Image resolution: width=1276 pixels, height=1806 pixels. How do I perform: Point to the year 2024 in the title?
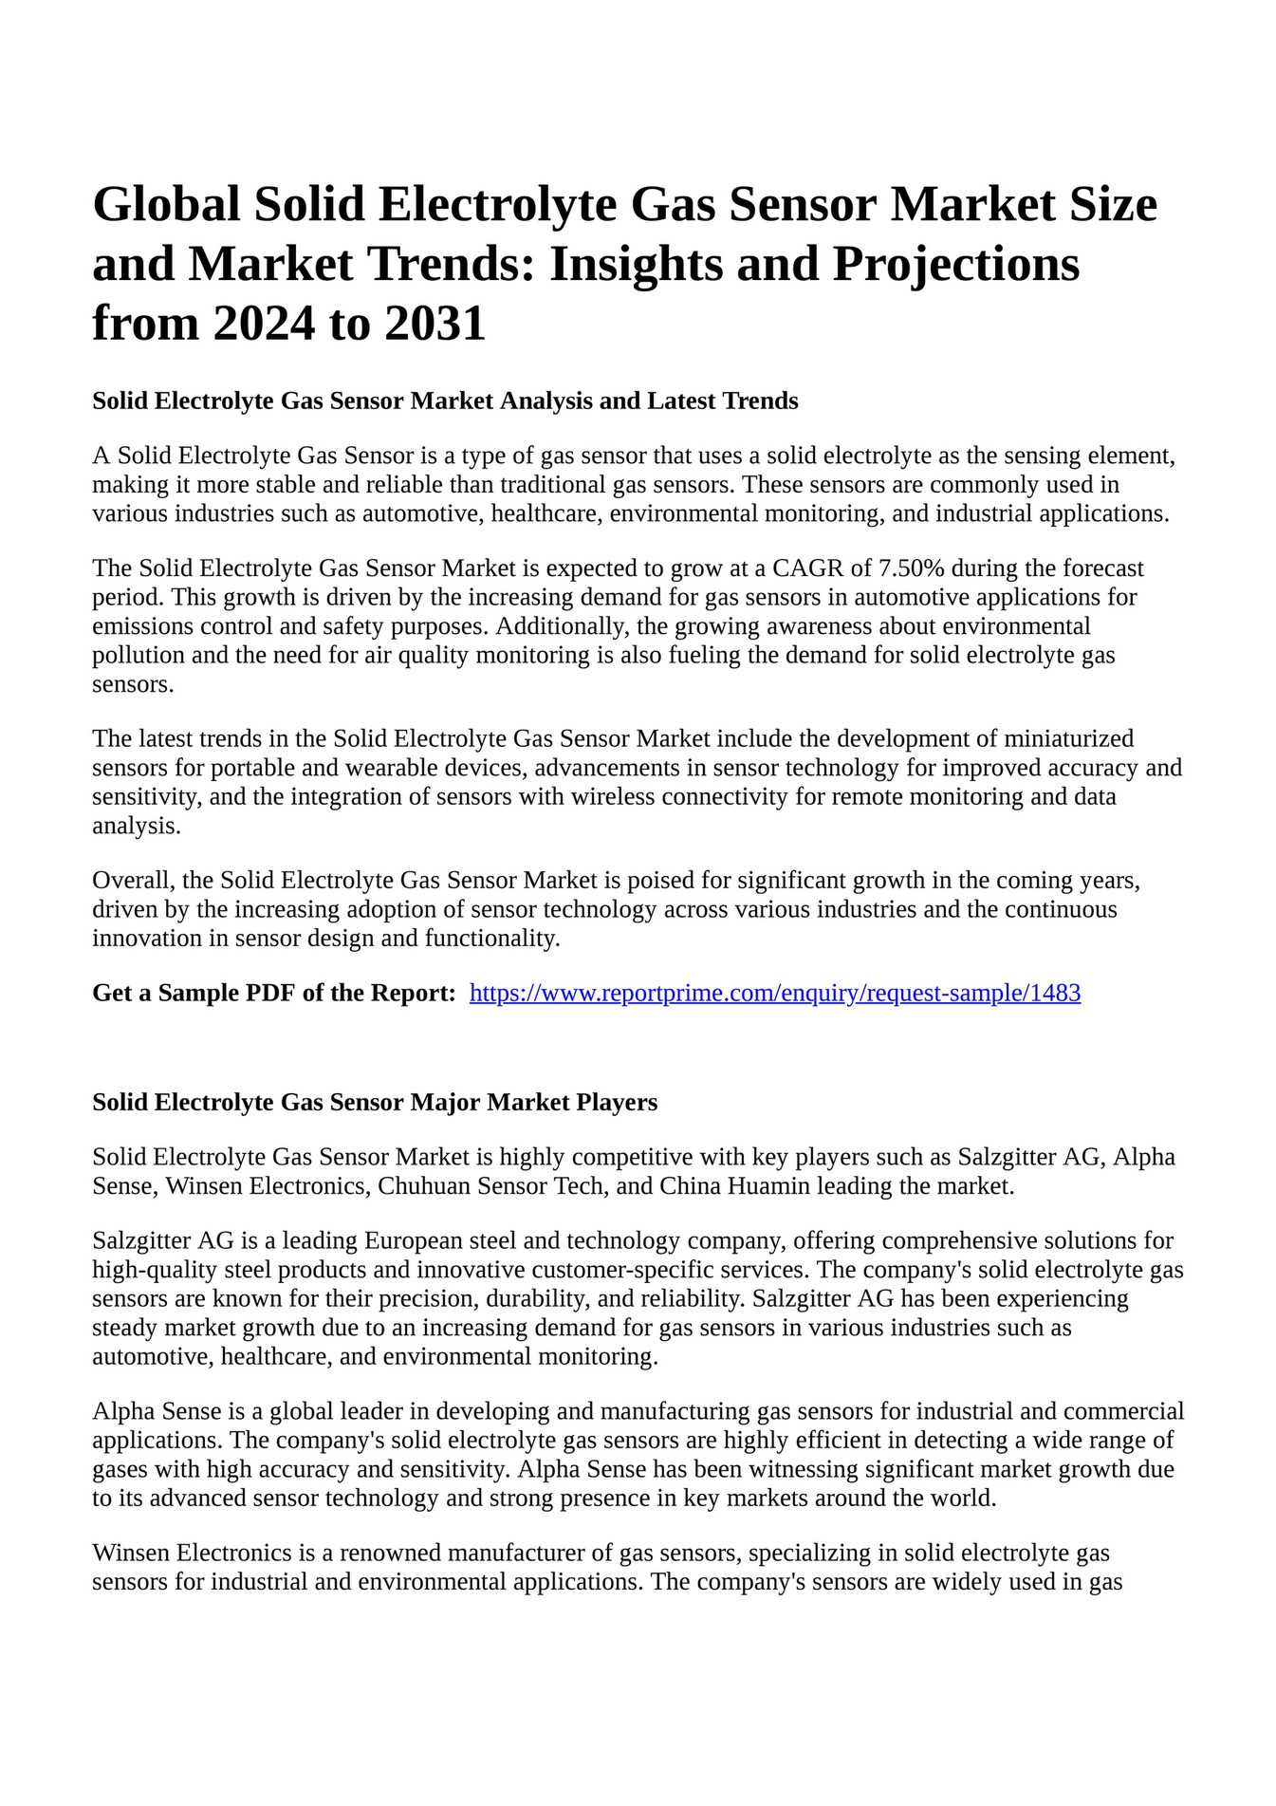point(263,324)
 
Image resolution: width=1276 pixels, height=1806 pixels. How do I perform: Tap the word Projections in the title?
point(955,264)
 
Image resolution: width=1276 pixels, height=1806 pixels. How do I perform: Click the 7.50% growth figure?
point(912,568)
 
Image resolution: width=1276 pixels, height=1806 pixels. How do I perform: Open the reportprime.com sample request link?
point(775,994)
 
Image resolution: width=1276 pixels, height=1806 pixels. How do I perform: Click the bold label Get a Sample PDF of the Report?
point(274,994)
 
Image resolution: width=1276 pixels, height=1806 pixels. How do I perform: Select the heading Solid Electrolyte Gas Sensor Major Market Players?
point(375,1103)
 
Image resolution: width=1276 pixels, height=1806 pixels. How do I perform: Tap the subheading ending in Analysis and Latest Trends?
point(445,401)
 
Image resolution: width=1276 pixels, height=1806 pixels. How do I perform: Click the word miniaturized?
point(1068,738)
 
